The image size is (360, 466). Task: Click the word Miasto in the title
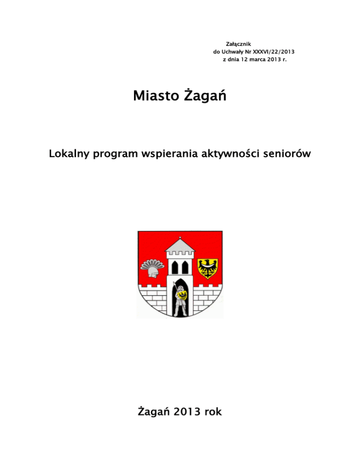tap(156, 97)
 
